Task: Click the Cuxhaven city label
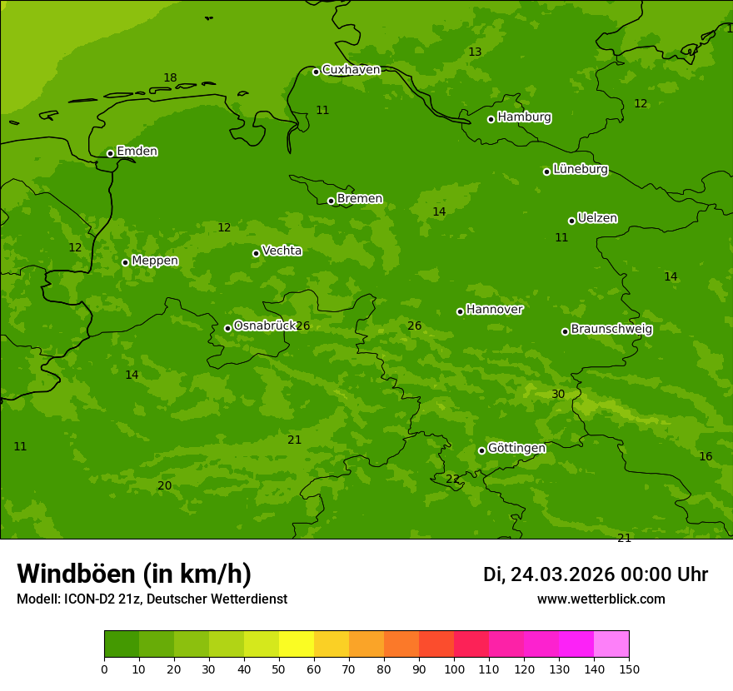click(x=351, y=70)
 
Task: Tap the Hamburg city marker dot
click(x=491, y=119)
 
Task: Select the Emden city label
click(x=137, y=152)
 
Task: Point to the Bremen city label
click(x=359, y=199)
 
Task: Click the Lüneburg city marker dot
click(x=546, y=172)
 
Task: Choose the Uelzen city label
click(x=597, y=218)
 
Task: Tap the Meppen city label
click(x=155, y=261)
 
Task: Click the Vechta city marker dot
click(x=256, y=253)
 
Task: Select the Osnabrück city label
click(x=265, y=326)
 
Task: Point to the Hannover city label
click(x=494, y=310)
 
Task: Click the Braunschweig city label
click(x=611, y=329)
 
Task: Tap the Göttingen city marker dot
click(x=481, y=450)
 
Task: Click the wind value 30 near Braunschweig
click(x=558, y=394)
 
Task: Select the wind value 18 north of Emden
click(x=170, y=78)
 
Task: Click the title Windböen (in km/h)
click(x=134, y=574)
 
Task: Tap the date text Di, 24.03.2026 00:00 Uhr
click(x=596, y=574)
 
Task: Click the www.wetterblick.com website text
click(x=601, y=599)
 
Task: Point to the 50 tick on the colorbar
click(x=279, y=669)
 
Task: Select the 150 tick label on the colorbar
click(x=628, y=669)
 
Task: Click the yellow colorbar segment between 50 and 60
click(x=297, y=644)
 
